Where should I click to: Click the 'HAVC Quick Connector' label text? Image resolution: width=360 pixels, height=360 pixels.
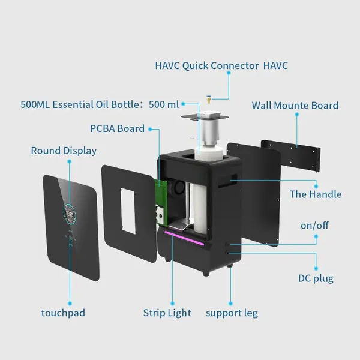(x=207, y=66)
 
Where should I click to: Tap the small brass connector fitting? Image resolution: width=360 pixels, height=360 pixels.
(x=209, y=100)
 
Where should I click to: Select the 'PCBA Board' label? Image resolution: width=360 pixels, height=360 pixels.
(x=118, y=128)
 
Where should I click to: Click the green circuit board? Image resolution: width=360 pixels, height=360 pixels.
(x=161, y=202)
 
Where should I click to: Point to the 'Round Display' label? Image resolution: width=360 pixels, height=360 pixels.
(x=64, y=151)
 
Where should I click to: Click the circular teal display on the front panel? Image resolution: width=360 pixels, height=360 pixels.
(x=70, y=214)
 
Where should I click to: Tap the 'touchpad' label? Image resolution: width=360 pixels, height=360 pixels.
(x=63, y=313)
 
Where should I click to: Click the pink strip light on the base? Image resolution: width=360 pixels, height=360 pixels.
(x=184, y=238)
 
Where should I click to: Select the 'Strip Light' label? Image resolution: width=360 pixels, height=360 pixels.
(x=167, y=313)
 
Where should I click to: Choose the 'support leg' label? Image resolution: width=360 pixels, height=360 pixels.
(x=232, y=313)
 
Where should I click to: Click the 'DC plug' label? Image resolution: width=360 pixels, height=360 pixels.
(x=316, y=278)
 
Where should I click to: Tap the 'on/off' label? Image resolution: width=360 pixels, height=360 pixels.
(x=314, y=226)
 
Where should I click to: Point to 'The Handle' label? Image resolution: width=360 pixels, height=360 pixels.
(x=316, y=194)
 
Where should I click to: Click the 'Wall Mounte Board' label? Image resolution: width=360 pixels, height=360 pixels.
(x=295, y=106)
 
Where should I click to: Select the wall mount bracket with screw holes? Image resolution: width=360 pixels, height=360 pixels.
(x=291, y=155)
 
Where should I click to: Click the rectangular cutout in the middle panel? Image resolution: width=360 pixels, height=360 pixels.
(x=128, y=211)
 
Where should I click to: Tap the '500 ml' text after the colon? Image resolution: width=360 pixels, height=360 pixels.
(x=164, y=104)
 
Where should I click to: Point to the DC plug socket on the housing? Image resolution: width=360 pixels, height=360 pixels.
(x=227, y=253)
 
